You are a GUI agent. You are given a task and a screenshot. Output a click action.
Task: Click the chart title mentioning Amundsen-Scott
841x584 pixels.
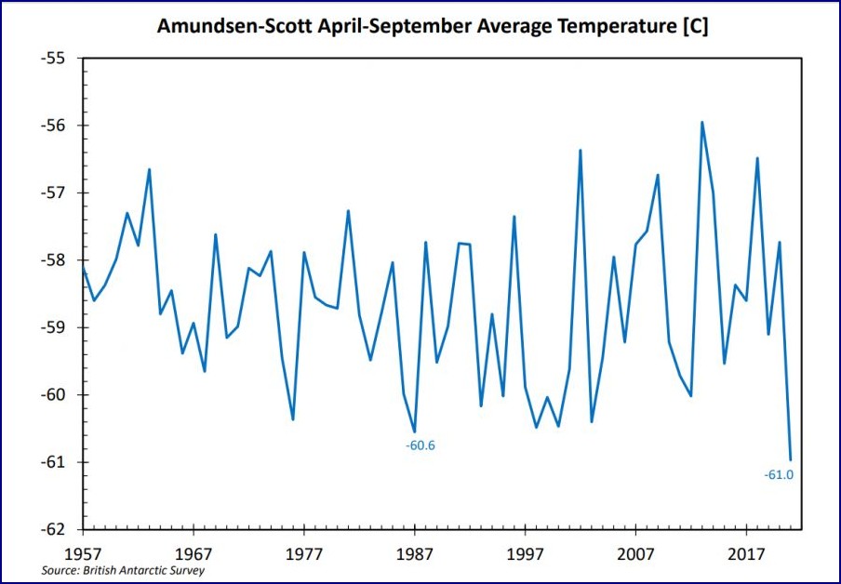432,26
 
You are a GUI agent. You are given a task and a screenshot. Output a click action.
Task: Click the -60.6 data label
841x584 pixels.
420,445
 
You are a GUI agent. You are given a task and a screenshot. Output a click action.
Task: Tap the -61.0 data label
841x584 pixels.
779,475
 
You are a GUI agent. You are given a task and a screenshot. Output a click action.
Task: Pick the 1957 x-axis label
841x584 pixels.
84,551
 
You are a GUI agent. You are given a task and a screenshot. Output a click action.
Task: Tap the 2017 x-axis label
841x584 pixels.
746,551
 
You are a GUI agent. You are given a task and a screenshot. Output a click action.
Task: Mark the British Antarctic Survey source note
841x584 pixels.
123,570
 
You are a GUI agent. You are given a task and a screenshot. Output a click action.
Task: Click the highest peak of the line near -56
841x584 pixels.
701,122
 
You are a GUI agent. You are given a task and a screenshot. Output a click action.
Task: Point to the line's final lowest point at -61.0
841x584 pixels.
791,459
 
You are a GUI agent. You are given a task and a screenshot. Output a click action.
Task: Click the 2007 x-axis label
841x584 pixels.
635,551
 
